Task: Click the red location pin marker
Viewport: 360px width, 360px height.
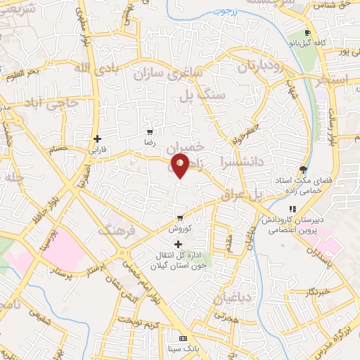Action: (181, 166)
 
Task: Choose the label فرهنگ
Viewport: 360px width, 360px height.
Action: (115, 231)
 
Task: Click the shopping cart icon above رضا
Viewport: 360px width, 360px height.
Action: (150, 131)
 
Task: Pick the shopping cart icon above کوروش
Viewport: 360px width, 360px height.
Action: (181, 217)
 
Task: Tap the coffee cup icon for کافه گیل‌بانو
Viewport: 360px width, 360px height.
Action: (307, 33)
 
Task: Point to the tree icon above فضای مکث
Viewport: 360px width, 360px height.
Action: (303, 169)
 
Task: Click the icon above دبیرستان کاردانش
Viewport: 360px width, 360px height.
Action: (292, 209)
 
